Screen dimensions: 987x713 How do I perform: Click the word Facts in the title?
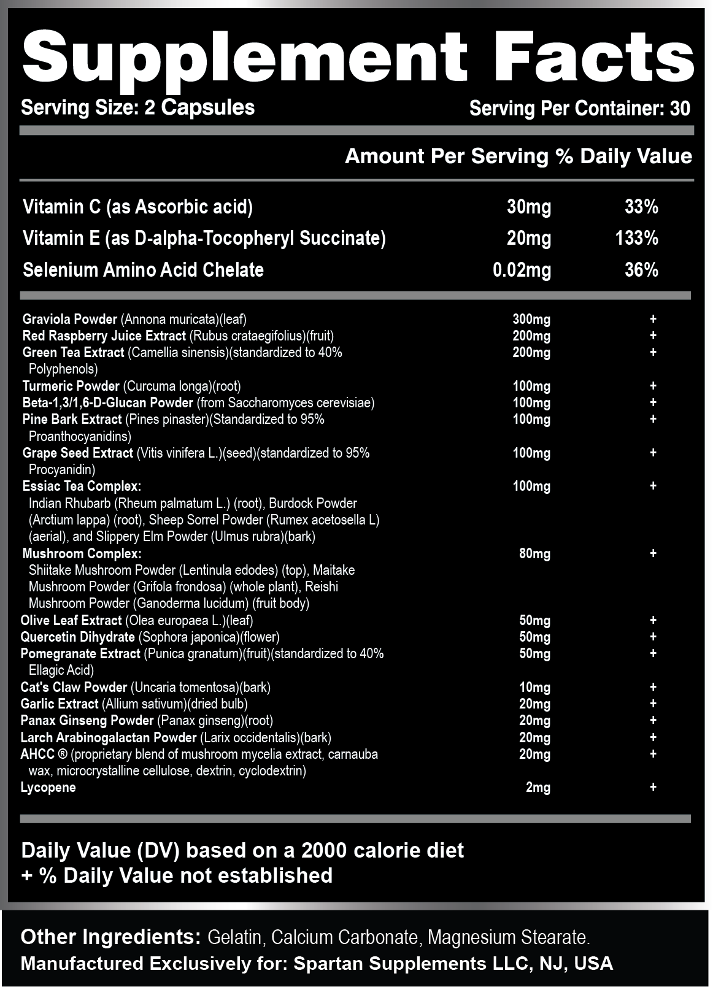(x=593, y=57)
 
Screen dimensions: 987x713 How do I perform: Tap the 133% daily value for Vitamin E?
(x=636, y=238)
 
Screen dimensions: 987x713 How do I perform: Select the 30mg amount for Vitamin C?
(x=528, y=207)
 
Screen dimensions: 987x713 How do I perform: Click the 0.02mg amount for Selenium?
(x=522, y=270)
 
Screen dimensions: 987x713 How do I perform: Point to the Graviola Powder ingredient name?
(x=69, y=319)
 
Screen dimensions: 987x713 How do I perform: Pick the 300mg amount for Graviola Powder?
(x=531, y=319)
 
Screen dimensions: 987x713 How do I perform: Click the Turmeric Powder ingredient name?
(x=71, y=386)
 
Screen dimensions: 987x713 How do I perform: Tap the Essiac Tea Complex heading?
(x=82, y=486)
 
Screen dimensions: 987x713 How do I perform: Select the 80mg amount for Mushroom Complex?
(x=534, y=553)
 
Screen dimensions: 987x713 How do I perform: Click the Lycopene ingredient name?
(x=48, y=787)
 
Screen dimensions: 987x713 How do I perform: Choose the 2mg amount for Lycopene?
(x=538, y=787)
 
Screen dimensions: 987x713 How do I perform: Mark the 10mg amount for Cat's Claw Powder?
(x=534, y=687)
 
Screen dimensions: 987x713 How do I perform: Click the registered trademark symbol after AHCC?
(x=63, y=754)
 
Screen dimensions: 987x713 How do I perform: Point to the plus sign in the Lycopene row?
(x=653, y=786)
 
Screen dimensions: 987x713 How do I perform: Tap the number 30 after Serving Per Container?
(x=680, y=109)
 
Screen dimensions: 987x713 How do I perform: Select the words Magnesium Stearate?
(x=509, y=937)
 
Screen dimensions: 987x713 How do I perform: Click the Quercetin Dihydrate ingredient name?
(x=77, y=637)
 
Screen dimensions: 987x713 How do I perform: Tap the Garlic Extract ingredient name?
(x=59, y=704)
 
